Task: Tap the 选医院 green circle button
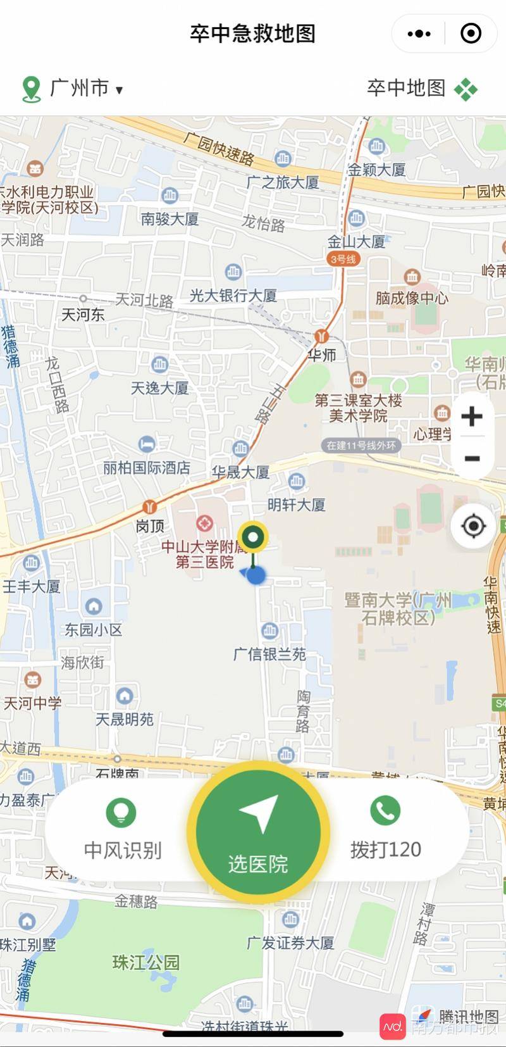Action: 257,831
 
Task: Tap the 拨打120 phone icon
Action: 385,811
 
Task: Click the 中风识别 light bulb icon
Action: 121,812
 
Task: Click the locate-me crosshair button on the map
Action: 473,526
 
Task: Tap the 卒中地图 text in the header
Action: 406,88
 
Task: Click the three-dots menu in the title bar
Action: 419,34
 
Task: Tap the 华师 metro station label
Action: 322,355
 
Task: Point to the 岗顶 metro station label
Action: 151,525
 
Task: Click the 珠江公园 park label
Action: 146,963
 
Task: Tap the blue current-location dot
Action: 256,575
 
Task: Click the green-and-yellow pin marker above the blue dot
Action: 254,537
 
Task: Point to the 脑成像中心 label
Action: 412,298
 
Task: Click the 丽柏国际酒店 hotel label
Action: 147,468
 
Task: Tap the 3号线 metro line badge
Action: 343,259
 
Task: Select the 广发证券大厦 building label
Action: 290,943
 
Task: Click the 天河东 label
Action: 83,315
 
